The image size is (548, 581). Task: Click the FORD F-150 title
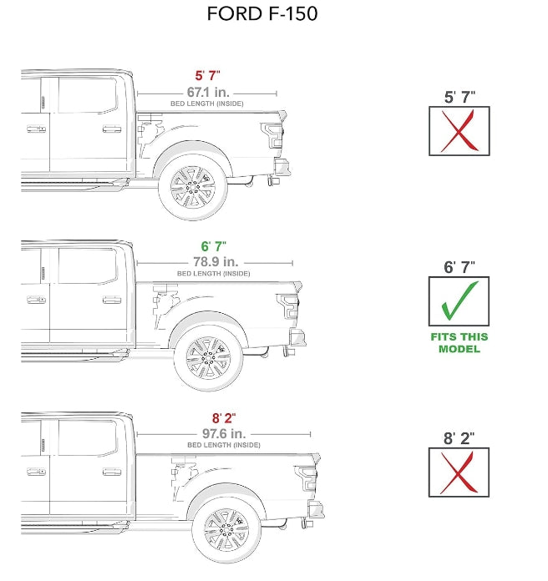(262, 14)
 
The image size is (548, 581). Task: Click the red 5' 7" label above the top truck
(207, 76)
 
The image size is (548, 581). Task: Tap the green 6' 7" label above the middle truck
(212, 247)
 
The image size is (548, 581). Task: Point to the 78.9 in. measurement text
(213, 261)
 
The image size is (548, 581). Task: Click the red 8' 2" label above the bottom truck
(223, 419)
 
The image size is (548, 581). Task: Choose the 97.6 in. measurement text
(223, 433)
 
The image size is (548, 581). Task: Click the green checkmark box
(459, 301)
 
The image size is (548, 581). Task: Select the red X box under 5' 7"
(459, 131)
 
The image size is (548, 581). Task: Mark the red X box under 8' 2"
(459, 472)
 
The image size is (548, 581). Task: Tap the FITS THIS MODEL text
(459, 343)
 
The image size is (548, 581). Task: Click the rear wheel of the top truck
(192, 187)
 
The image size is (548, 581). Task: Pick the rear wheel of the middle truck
(208, 358)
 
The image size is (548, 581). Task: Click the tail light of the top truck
(272, 134)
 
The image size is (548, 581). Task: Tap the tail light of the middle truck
(289, 306)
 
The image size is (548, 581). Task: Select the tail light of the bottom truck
(307, 477)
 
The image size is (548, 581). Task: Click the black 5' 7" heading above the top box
(459, 97)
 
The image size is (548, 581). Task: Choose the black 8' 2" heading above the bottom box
(459, 438)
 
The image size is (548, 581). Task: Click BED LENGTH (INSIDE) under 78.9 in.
(213, 274)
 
